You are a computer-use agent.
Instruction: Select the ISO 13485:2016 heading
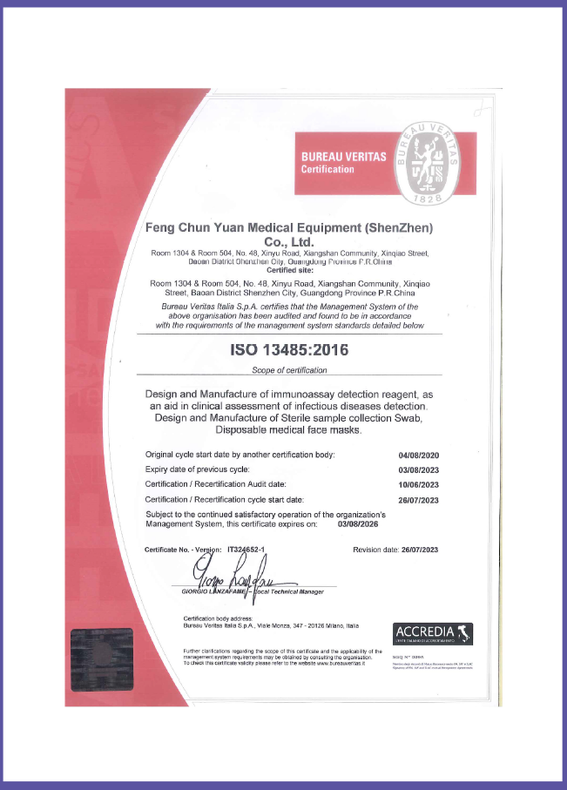[287, 351]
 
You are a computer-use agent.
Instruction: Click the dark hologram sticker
[102, 659]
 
